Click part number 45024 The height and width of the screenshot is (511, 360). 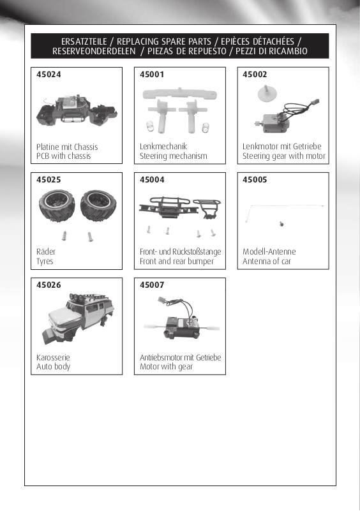(x=49, y=74)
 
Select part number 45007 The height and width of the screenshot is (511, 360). (x=152, y=285)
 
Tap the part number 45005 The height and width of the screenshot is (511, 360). (x=255, y=179)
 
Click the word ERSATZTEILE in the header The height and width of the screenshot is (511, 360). (x=84, y=41)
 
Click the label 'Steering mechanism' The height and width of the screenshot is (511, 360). (x=174, y=156)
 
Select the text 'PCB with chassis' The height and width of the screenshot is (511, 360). (x=64, y=156)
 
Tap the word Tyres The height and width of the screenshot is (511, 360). (x=45, y=262)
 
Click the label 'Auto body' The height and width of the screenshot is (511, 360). (x=54, y=367)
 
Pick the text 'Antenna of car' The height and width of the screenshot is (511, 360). (x=267, y=261)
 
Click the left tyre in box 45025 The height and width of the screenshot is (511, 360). (x=57, y=205)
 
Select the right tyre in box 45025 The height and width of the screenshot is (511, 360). (x=98, y=205)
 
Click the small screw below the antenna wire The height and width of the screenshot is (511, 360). (x=281, y=224)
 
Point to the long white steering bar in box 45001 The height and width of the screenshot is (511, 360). (x=179, y=94)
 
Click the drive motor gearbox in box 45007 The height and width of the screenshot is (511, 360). (x=182, y=326)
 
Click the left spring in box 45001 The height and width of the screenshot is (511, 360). (x=149, y=126)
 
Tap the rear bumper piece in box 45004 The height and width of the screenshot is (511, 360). (x=207, y=207)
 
